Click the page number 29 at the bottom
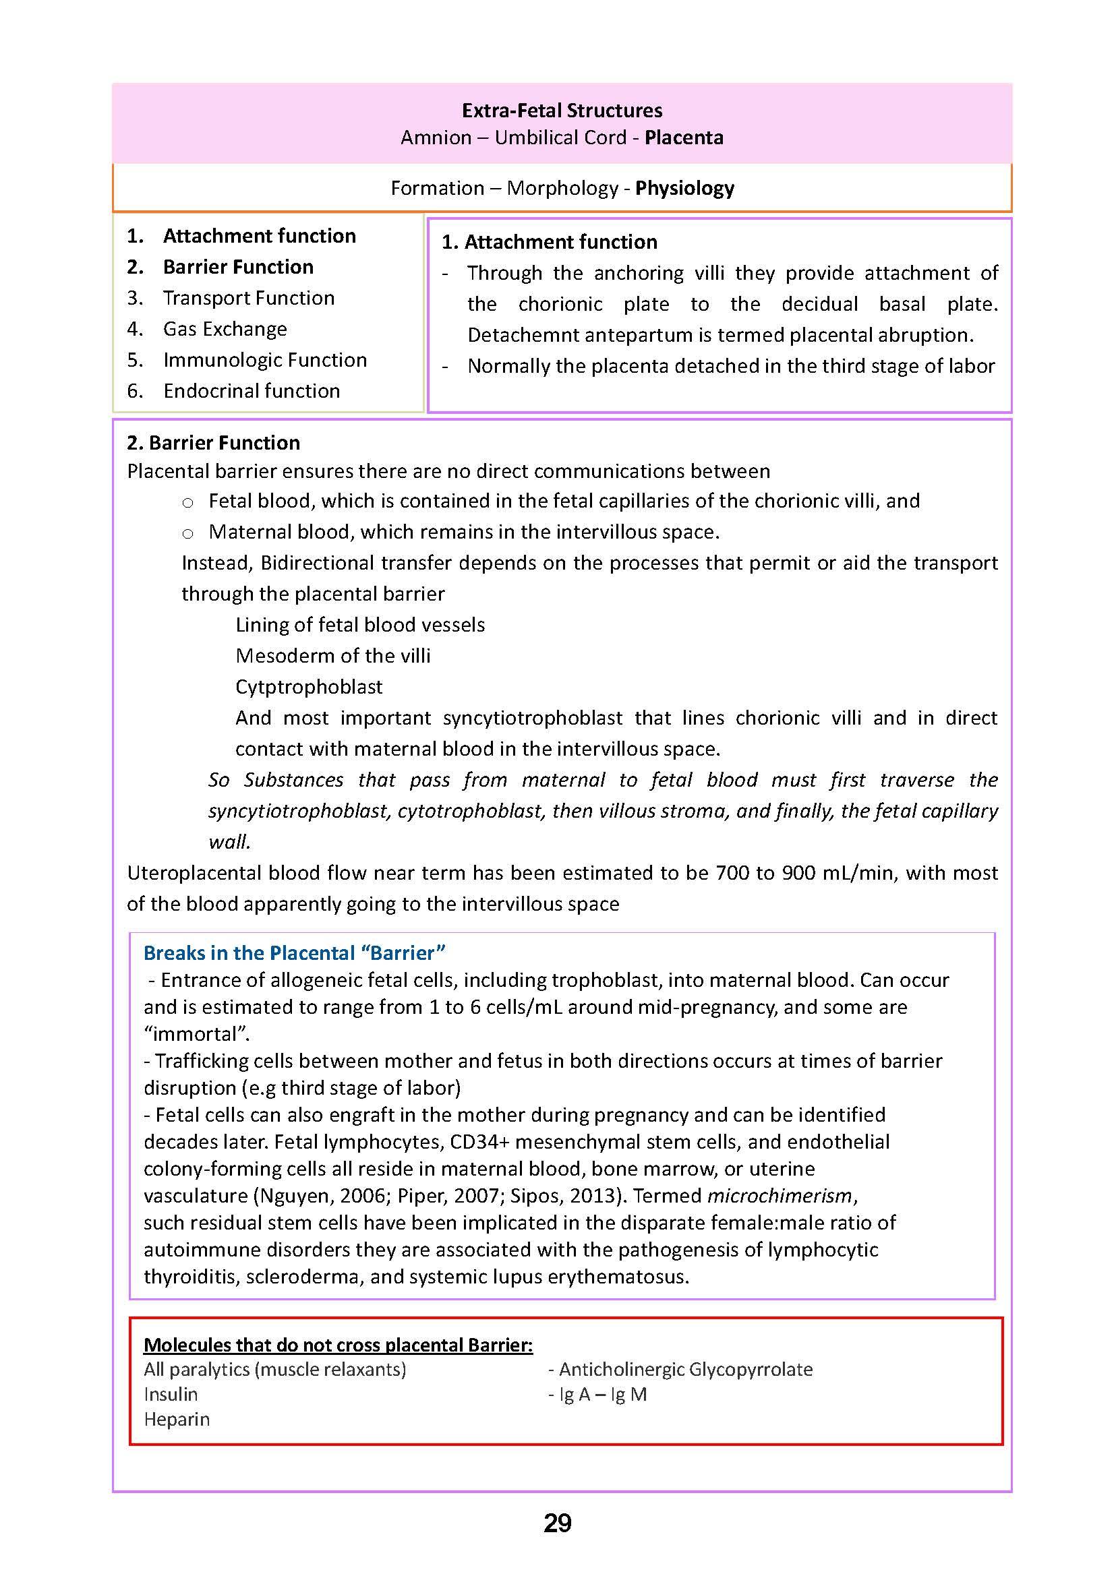pos(557,1523)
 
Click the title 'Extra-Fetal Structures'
pos(562,111)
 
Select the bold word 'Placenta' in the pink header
pos(684,138)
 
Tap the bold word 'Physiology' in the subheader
pos(684,188)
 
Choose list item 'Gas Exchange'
pos(225,329)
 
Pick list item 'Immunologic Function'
pos(264,360)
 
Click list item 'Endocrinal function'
pos(252,391)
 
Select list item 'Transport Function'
pos(249,298)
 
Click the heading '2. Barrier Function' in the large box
pos(213,442)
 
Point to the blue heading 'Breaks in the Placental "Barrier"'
pos(294,953)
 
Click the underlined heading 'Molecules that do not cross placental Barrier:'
pos(338,1345)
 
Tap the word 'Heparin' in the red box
pos(177,1419)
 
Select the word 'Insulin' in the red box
pos(171,1394)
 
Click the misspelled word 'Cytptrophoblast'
pos(309,686)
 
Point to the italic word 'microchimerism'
pos(780,1195)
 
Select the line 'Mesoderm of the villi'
pos(332,655)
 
